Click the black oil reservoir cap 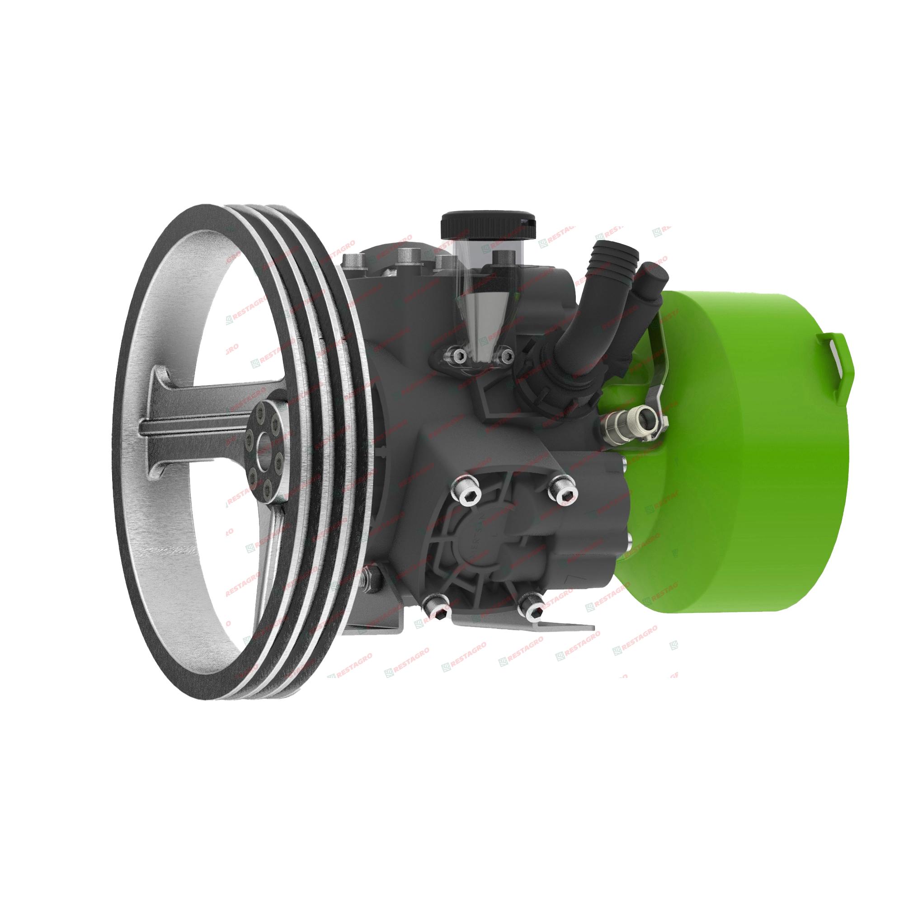487,226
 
